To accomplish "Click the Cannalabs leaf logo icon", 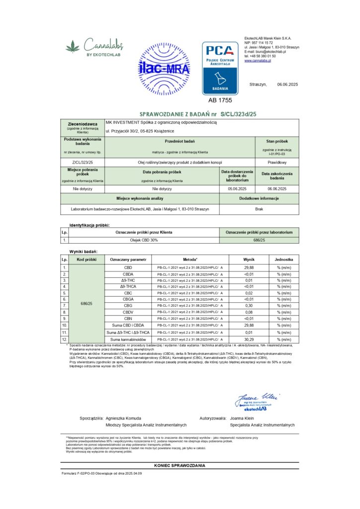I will point(73,48).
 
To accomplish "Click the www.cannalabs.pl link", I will point(258,61).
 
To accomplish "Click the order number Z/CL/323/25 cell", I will point(83,162).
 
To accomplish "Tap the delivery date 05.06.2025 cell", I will point(237,189).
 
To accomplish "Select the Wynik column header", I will point(249,259).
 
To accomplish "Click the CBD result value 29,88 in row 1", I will point(249,267).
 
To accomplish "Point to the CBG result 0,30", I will point(249,306).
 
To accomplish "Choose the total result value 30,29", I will point(249,339).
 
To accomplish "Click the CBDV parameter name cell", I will point(128,312).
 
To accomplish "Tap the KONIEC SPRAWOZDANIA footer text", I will point(180,466).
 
